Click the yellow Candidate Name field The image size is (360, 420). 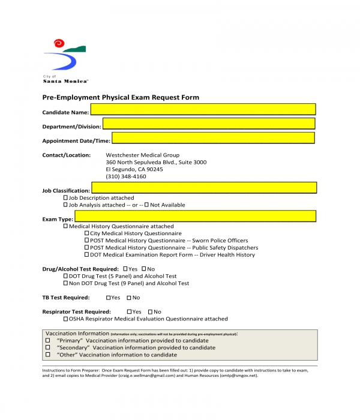[203, 109]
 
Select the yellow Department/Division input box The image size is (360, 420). [209, 124]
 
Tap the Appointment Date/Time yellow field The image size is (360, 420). [213, 138]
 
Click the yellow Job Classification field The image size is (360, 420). [203, 187]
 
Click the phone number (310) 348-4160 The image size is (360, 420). [125, 177]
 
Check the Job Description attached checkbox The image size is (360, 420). [66, 198]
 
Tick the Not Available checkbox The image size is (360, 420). [147, 205]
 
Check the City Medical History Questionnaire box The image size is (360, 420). [87, 233]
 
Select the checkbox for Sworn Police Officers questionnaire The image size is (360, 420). [87, 241]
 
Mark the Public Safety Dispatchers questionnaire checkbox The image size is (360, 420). [87, 248]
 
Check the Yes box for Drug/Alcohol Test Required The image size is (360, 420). [125, 269]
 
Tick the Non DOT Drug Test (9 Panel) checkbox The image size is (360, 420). [66, 283]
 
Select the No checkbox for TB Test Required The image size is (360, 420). [128, 298]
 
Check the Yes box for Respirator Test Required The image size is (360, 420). [130, 312]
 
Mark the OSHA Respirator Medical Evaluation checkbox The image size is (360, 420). [66, 319]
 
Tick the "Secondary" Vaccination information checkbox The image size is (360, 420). [48, 348]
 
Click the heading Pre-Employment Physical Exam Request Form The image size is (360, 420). [121, 97]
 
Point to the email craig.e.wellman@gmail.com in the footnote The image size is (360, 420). [146, 376]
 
